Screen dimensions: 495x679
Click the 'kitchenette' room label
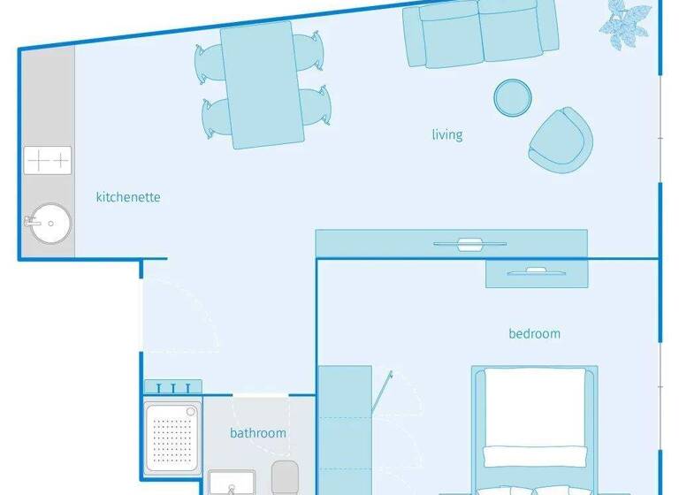pyautogui.click(x=128, y=197)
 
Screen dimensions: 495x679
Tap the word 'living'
pyautogui.click(x=446, y=135)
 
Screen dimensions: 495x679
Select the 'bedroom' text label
pyautogui.click(x=534, y=333)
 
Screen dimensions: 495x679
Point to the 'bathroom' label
pyautogui.click(x=258, y=433)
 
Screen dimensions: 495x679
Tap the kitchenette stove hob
pyautogui.click(x=47, y=161)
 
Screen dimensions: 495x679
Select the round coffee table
pyautogui.click(x=512, y=97)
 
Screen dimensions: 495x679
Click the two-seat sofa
pyautogui.click(x=481, y=33)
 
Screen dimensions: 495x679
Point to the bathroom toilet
pyautogui.click(x=286, y=477)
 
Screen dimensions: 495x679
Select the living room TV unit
pyautogui.click(x=451, y=243)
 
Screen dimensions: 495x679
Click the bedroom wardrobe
pyautogui.click(x=345, y=429)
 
